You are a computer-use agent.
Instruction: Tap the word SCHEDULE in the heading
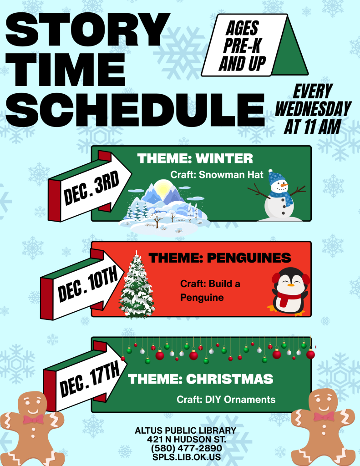tap(135, 109)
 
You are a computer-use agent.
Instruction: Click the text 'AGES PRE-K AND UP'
tap(242, 46)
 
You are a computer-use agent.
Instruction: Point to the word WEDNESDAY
tap(313, 109)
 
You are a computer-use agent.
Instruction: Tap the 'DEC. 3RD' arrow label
tap(91, 188)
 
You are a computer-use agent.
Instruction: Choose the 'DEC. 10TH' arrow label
tap(88, 285)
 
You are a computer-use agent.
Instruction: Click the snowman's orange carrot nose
tap(284, 185)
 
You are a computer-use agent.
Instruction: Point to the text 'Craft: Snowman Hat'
tap(217, 175)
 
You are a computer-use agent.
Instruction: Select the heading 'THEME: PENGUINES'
tap(220, 258)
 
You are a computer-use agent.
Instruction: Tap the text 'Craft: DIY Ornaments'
tap(226, 400)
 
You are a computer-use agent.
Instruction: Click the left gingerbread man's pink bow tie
tap(33, 419)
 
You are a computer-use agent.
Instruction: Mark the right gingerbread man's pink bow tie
tap(324, 417)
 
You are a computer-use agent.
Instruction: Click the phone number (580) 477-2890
tap(187, 448)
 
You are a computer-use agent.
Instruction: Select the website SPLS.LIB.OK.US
tap(187, 457)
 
